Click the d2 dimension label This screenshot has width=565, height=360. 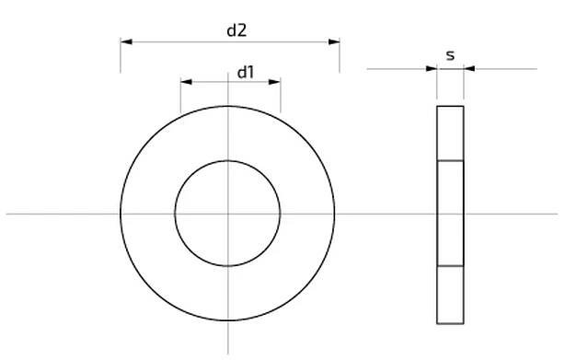point(236,30)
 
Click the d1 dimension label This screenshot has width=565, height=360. point(246,73)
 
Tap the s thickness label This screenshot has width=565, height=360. point(450,55)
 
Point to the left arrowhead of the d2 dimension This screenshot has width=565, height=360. point(126,41)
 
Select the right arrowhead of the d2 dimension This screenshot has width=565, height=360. point(334,41)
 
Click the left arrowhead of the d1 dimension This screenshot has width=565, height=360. point(186,82)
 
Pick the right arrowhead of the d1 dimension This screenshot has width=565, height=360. point(274,82)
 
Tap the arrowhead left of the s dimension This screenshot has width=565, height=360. point(432,68)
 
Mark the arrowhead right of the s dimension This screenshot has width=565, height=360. point(469,68)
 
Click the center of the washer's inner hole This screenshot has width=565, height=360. point(227,214)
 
